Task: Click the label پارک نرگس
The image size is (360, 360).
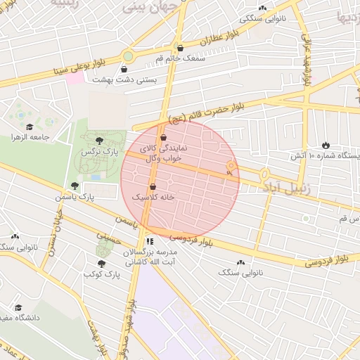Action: [x=98, y=152]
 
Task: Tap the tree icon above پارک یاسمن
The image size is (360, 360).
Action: [x=75, y=186]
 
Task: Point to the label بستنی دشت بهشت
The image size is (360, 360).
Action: [x=124, y=81]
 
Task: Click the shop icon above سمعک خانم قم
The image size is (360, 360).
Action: [x=181, y=49]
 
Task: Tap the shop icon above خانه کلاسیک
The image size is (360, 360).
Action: [x=153, y=187]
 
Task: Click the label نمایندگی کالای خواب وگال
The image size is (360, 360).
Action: [x=161, y=154]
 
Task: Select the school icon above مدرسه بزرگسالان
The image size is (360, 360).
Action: [x=149, y=241]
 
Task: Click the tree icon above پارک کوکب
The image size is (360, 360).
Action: [x=101, y=264]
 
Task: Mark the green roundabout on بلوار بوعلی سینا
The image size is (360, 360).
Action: [x=128, y=56]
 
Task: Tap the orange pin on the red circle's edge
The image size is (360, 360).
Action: [x=230, y=167]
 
